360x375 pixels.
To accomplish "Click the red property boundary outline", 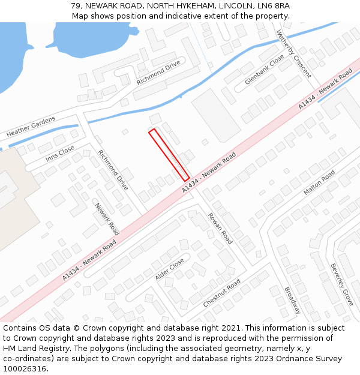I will tap(169, 154).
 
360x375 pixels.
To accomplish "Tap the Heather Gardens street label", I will tap(31, 126).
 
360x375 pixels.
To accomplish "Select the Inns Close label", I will tap(59, 154).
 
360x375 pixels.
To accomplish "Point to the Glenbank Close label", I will tap(265, 70).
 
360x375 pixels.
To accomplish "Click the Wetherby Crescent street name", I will tap(293, 54).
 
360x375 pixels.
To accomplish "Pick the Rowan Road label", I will tap(220, 229).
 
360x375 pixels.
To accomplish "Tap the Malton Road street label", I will tap(319, 182).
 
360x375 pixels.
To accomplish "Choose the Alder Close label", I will tap(170, 269).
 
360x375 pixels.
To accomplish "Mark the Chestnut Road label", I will tap(221, 293).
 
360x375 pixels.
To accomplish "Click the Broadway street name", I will tap(292, 300).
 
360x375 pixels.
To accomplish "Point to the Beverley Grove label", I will tap(341, 284).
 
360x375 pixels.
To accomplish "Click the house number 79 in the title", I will tap(76, 5).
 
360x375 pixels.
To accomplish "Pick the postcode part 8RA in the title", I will tap(281, 5).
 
